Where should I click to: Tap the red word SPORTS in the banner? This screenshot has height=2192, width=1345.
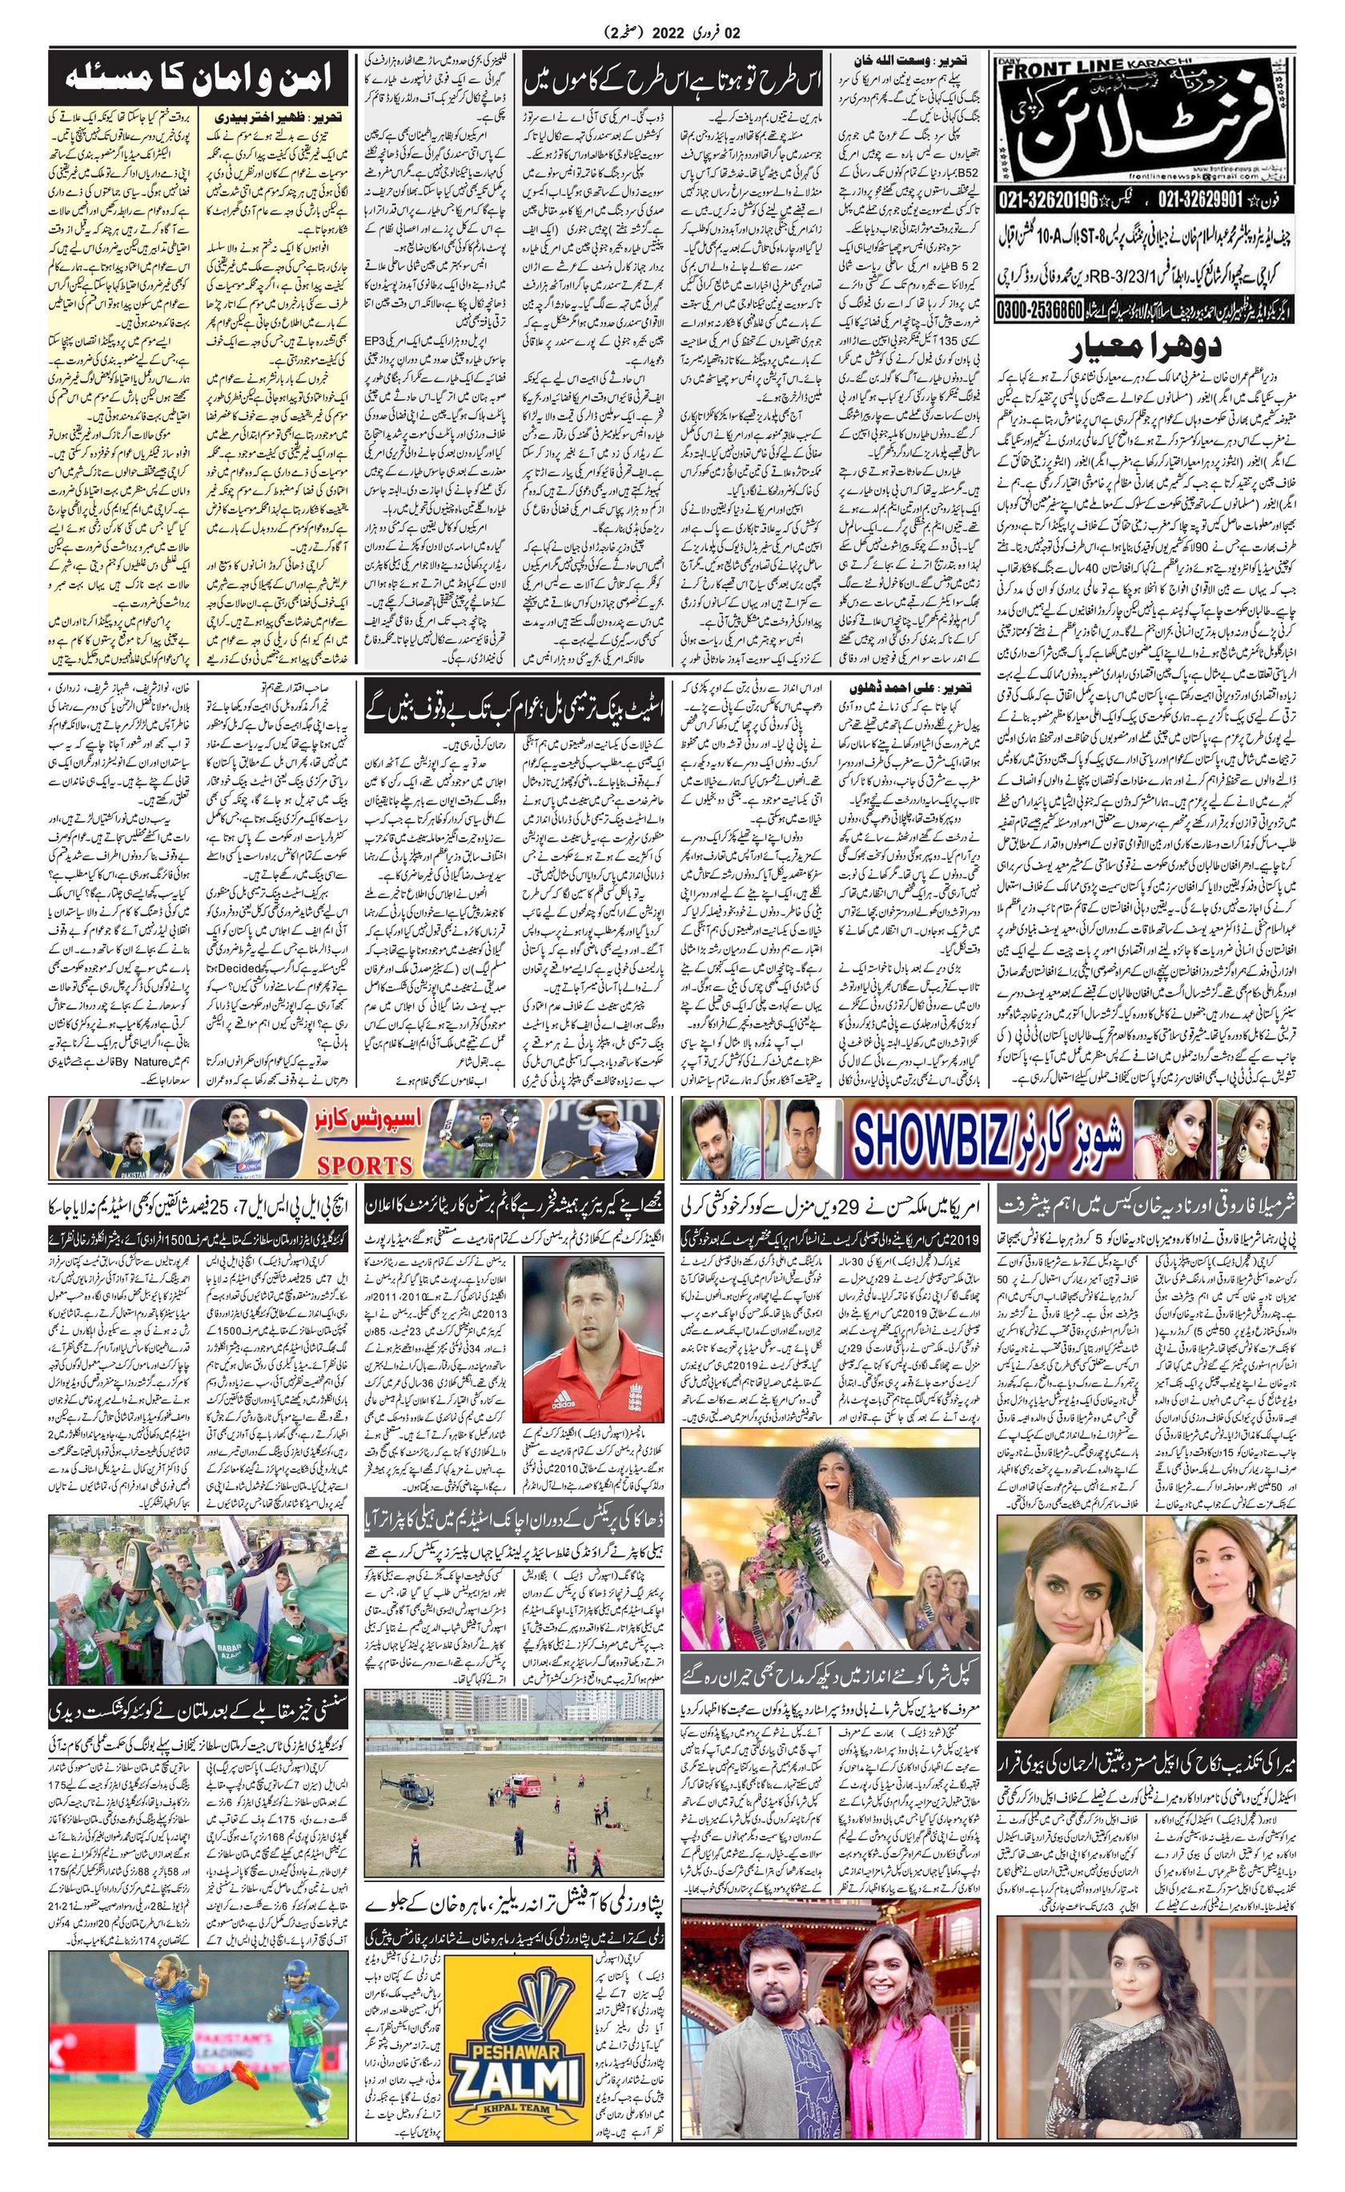click(x=365, y=1165)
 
